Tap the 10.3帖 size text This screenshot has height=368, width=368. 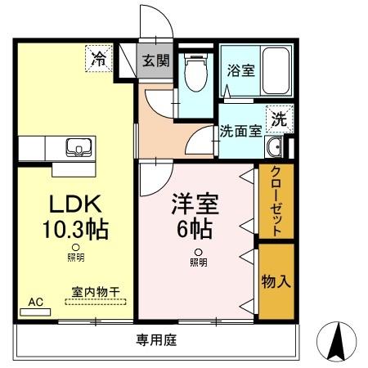[x=74, y=230]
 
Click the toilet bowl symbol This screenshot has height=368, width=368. [x=195, y=75]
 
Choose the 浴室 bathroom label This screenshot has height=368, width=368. [x=240, y=70]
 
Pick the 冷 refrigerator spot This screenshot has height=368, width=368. [x=99, y=58]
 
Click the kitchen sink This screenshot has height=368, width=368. [x=79, y=149]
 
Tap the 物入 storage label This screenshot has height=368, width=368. [x=276, y=282]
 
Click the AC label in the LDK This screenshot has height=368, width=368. [x=35, y=302]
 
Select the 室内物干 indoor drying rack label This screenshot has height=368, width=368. [x=96, y=292]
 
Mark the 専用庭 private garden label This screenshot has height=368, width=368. [x=156, y=338]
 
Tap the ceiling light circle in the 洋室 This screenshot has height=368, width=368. [x=197, y=252]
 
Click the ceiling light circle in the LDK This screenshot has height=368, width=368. [x=74, y=247]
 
